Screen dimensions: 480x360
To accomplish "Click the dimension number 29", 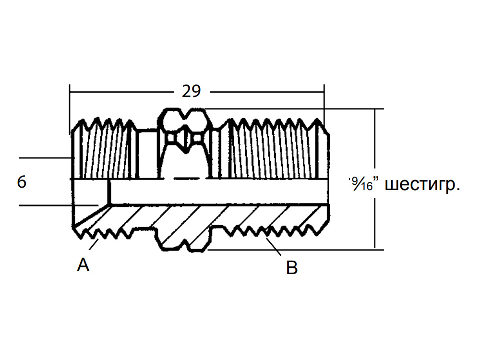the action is tap(192, 91).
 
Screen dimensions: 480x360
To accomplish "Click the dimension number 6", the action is tap(22, 182).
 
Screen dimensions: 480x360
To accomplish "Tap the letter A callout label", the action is tap(83, 265).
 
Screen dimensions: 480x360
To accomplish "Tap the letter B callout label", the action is tap(292, 267).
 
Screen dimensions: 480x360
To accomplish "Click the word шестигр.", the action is tap(422, 184).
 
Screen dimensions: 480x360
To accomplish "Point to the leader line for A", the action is tap(94, 245).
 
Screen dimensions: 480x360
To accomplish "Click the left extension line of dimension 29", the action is tap(70, 109).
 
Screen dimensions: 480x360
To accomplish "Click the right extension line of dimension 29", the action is tap(324, 104).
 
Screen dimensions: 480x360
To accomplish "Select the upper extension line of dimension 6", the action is tap(45, 158).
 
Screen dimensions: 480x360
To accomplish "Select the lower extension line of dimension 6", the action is tap(59, 205).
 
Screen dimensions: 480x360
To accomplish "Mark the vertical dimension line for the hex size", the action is tap(375, 179).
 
